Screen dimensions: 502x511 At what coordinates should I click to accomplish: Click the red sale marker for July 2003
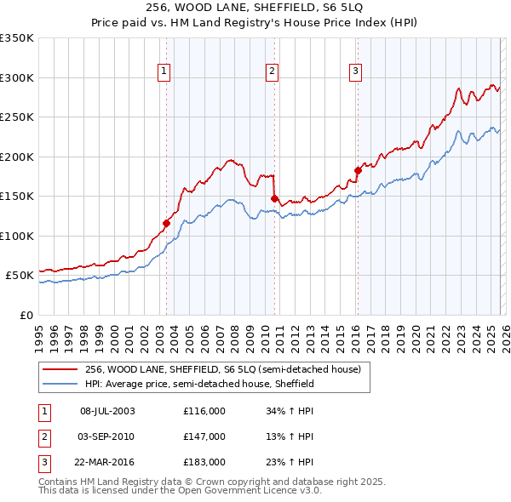point(166,224)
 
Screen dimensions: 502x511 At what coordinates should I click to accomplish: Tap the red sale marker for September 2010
point(274,199)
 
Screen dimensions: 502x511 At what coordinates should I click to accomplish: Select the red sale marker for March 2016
point(358,170)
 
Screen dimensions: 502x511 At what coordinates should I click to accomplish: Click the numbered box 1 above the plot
point(164,71)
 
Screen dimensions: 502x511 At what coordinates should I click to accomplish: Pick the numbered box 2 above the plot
point(272,71)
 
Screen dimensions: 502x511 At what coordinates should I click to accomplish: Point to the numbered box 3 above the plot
point(355,71)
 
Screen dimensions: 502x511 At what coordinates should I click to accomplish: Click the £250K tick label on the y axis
point(17,117)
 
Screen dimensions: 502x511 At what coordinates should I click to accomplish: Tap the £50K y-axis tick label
point(20,276)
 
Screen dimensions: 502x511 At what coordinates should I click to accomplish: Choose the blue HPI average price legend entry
point(199,384)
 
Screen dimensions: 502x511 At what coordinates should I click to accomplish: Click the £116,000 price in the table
point(204,411)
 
